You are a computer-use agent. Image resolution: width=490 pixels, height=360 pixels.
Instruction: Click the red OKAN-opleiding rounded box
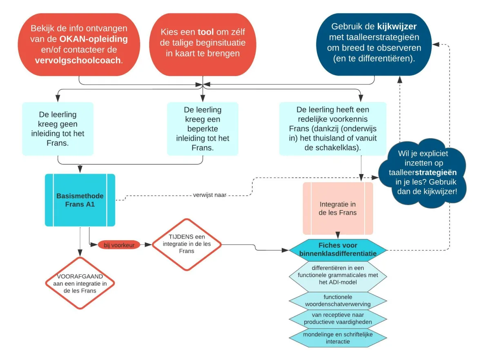[x=79, y=45]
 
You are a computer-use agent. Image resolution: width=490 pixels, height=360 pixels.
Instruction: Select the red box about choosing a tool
[x=203, y=45]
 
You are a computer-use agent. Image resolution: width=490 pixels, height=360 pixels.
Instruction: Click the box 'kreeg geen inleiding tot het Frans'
[x=58, y=129]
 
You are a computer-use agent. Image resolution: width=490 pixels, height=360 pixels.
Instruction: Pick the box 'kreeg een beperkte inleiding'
[x=203, y=129]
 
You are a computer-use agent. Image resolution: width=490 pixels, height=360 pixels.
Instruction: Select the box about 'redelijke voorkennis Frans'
[x=333, y=129]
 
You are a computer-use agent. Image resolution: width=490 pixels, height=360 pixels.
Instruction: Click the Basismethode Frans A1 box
[x=80, y=200]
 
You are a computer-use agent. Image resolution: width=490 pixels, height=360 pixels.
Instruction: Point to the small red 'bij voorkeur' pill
[x=118, y=245]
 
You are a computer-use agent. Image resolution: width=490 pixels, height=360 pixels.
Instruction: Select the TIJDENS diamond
[x=187, y=244]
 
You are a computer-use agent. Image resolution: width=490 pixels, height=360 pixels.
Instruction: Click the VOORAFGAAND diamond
[x=79, y=283]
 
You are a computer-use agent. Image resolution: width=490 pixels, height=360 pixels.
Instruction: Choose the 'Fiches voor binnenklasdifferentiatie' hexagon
[x=338, y=250]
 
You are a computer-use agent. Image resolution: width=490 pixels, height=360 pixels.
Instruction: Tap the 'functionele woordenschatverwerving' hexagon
[x=338, y=300]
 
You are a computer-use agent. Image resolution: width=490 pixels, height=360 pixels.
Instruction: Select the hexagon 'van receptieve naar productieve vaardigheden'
[x=338, y=319]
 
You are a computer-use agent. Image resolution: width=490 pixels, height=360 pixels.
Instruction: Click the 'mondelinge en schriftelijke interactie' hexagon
[x=338, y=338]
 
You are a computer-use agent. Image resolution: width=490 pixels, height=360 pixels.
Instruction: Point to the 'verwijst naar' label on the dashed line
[x=209, y=195]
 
